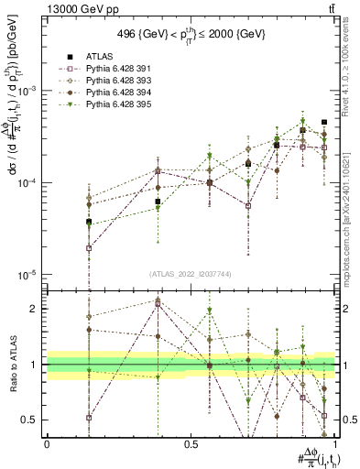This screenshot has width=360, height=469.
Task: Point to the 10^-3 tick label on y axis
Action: (28, 91)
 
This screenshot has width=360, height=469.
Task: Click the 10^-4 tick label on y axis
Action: (28, 183)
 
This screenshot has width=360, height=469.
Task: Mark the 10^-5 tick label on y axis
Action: (28, 275)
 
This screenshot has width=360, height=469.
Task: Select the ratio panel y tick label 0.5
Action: (31, 420)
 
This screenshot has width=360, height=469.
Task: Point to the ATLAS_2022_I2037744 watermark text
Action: (190, 274)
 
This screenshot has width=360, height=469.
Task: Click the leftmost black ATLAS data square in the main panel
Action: (63, 222)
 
